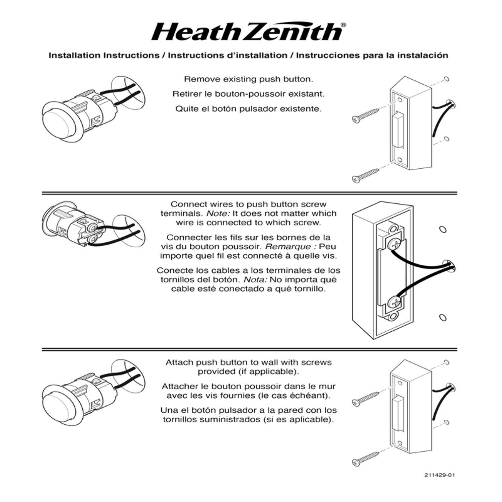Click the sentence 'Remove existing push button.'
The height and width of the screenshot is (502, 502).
point(249,79)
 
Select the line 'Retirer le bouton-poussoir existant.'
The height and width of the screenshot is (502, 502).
point(248,94)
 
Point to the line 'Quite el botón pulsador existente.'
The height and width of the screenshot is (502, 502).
point(248,109)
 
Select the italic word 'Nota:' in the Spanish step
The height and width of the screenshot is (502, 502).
point(255,280)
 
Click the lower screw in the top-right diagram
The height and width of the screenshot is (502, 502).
point(366,175)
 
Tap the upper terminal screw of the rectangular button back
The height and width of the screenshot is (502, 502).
point(394,244)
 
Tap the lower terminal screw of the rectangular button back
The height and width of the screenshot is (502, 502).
point(394,303)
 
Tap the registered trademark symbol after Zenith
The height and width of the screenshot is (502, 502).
point(343,25)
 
